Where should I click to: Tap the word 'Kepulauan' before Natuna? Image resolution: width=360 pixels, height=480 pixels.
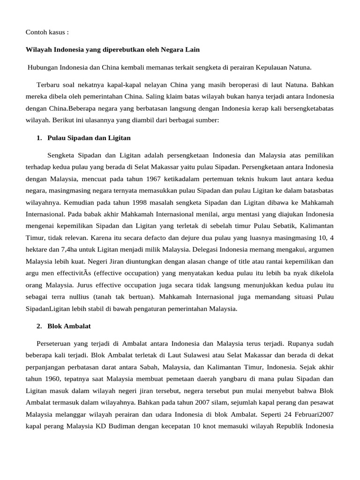[x=270, y=67]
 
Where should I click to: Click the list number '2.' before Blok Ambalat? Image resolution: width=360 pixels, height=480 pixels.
[x=39, y=326]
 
